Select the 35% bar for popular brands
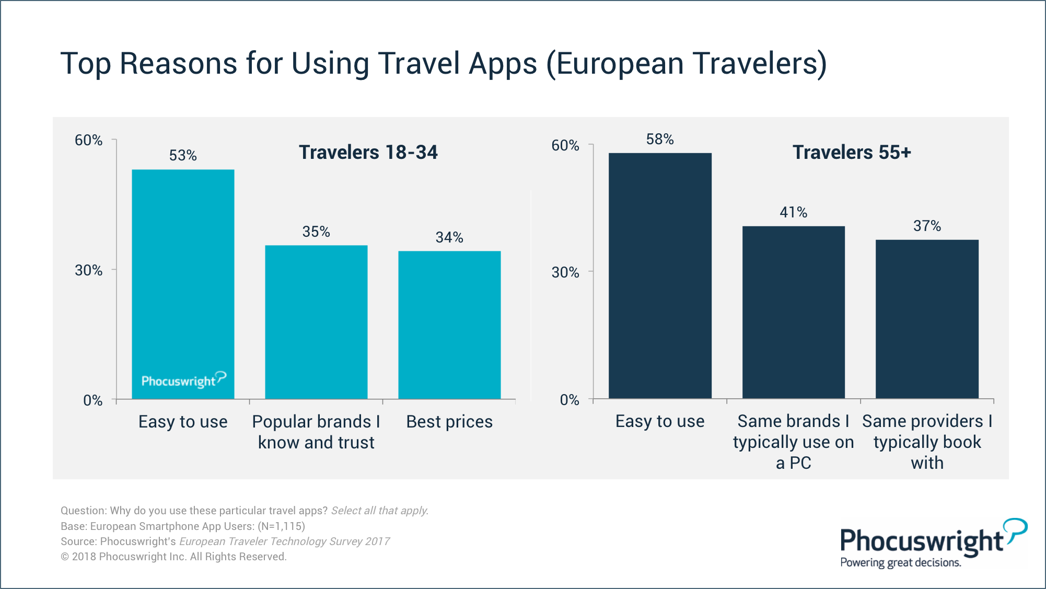pos(316,321)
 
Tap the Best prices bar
pos(449,324)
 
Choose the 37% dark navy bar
pos(927,319)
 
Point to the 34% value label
pos(449,237)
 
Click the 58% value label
pos(660,139)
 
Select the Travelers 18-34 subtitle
pos(368,152)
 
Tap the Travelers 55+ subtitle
pos(852,152)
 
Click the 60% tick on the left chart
pos(88,140)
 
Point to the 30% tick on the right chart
pos(565,272)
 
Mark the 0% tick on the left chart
pos(92,400)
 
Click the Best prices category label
pos(449,422)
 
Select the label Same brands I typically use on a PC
pos(793,442)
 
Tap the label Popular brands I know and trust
pos(316,432)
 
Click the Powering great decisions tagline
pos(900,562)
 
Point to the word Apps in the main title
pos(503,64)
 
